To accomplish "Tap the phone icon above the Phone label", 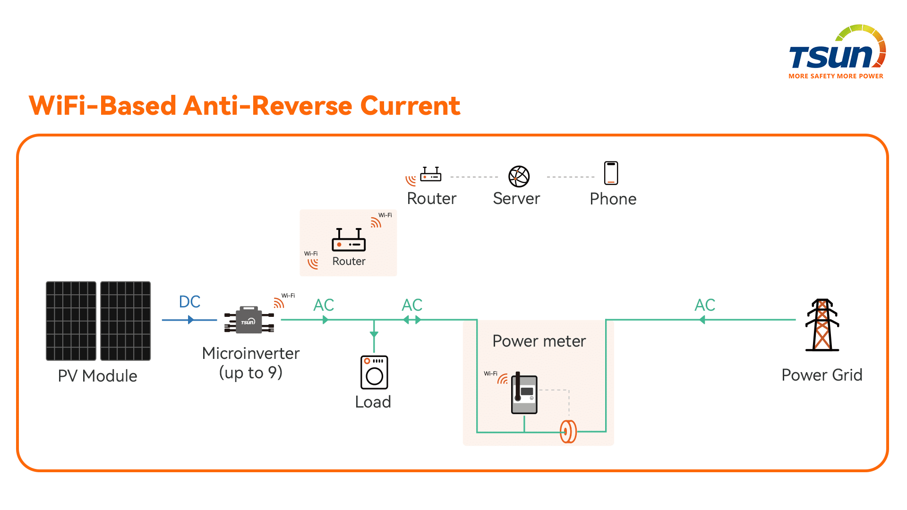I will [611, 173].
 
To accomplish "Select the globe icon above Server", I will [519, 176].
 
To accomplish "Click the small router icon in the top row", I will [430, 175].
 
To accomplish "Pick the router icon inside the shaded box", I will [349, 240].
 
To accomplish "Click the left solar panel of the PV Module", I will [71, 321].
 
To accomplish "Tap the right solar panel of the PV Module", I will [125, 321].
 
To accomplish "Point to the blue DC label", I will [189, 302].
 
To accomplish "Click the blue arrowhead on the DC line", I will [190, 320].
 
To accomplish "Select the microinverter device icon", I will [249, 320].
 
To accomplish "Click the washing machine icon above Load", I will [374, 373].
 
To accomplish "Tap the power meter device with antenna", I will [524, 394].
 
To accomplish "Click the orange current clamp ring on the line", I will [568, 432].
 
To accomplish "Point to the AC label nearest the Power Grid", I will [704, 305].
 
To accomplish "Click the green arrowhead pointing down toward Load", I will [374, 334].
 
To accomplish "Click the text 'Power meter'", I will [539, 341].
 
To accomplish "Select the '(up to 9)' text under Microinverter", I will [250, 373].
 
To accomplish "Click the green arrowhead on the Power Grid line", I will [702, 320].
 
